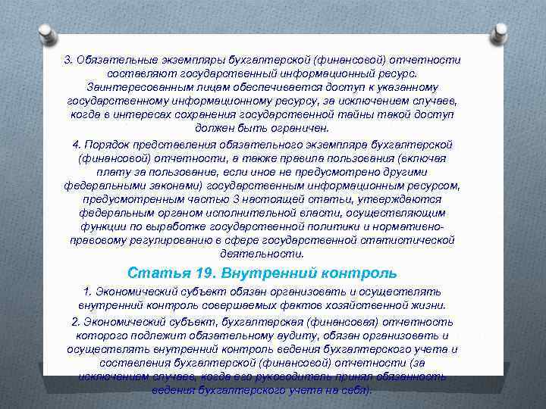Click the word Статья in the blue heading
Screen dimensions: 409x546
[x=151, y=273]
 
